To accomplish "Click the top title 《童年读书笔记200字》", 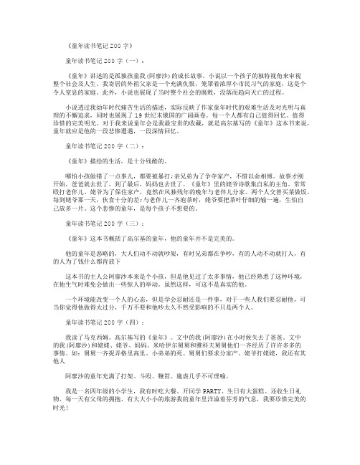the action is [x=105, y=44].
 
